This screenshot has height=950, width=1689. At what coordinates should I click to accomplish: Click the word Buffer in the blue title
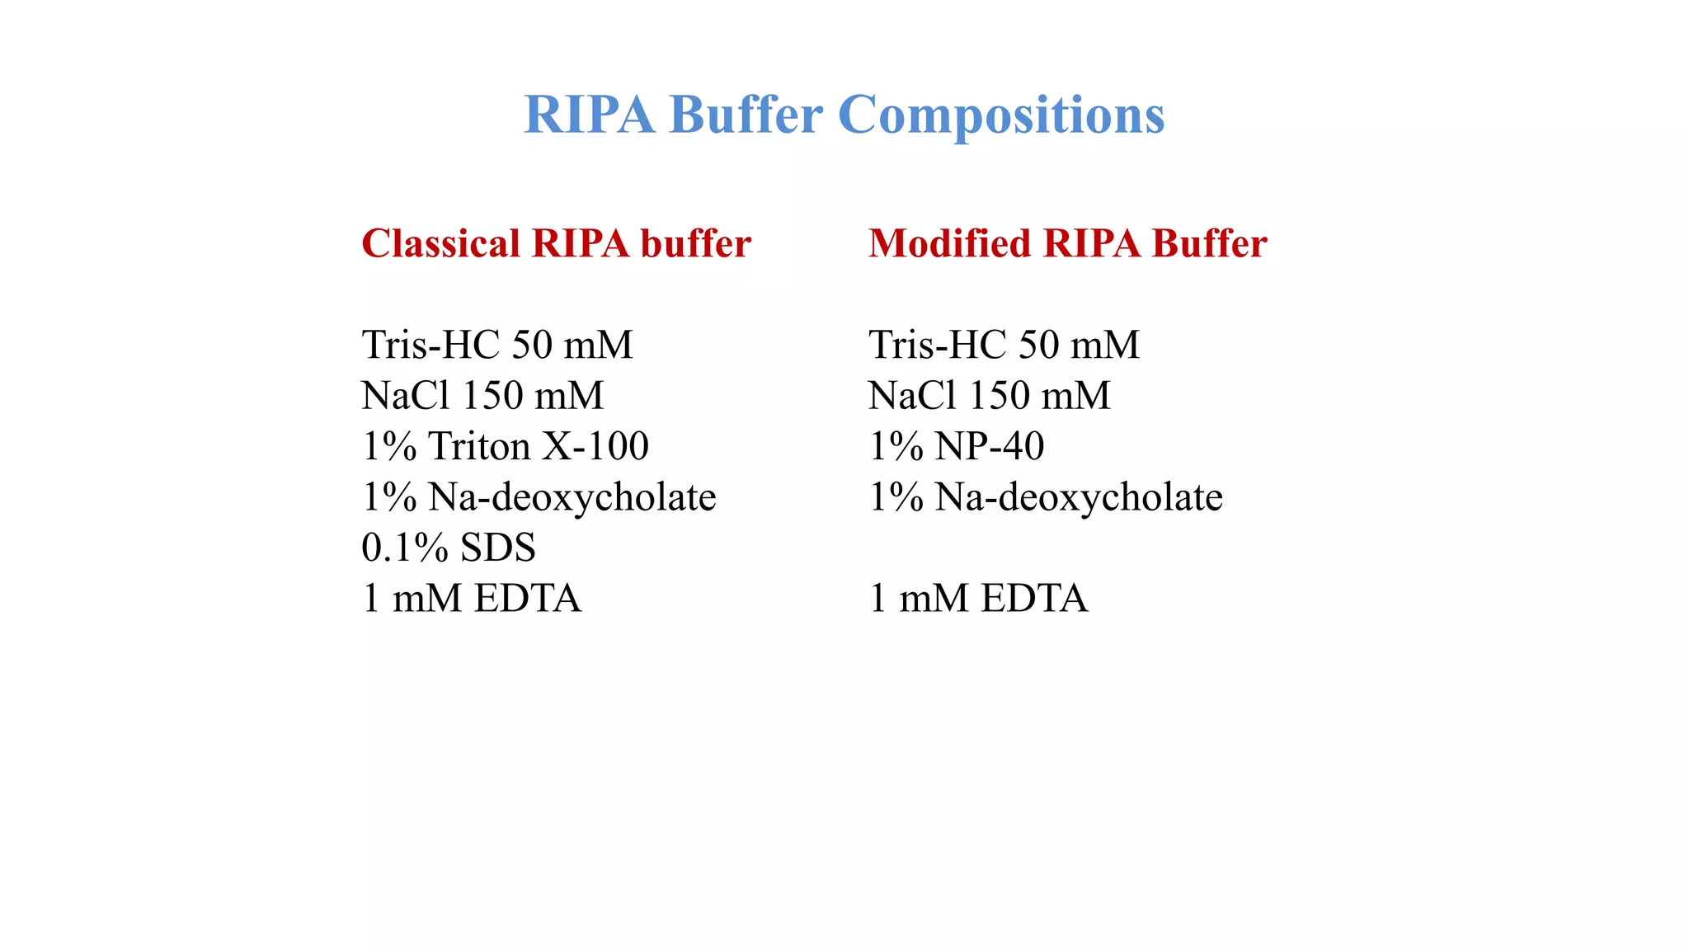746,115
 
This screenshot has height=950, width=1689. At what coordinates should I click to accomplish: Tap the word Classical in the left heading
441,244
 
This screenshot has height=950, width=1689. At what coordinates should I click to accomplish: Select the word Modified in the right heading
949,244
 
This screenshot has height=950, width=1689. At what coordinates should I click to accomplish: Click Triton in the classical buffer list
479,447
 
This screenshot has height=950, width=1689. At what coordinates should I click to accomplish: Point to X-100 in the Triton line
595,447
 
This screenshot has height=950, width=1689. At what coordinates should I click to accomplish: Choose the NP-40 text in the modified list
990,447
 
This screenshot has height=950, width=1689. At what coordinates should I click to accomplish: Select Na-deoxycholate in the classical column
572,498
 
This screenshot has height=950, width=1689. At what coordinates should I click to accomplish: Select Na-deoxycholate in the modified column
1079,498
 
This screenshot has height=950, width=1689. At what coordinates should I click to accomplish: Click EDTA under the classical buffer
528,600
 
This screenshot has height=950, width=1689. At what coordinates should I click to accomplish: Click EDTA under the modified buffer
1034,600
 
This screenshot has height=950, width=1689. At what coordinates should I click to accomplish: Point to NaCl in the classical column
406,397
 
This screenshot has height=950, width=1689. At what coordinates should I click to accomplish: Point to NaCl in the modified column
912,397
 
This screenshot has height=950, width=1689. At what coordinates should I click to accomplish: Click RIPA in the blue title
589,115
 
